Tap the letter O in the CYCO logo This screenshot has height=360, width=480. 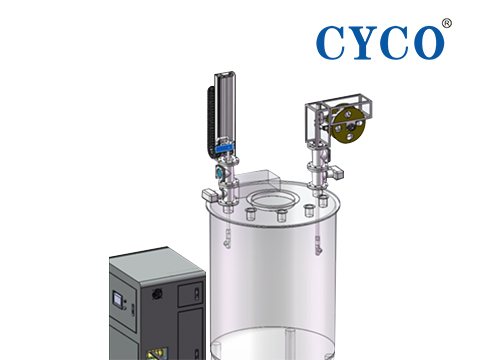(427, 43)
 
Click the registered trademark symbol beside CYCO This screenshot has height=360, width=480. (447, 23)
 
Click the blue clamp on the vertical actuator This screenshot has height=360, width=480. (225, 148)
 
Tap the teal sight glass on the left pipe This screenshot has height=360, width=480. (220, 172)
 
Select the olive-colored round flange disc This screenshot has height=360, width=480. (348, 124)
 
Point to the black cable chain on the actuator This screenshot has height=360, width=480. (211, 120)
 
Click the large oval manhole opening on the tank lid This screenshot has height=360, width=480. (273, 200)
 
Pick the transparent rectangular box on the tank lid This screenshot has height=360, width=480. (258, 180)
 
